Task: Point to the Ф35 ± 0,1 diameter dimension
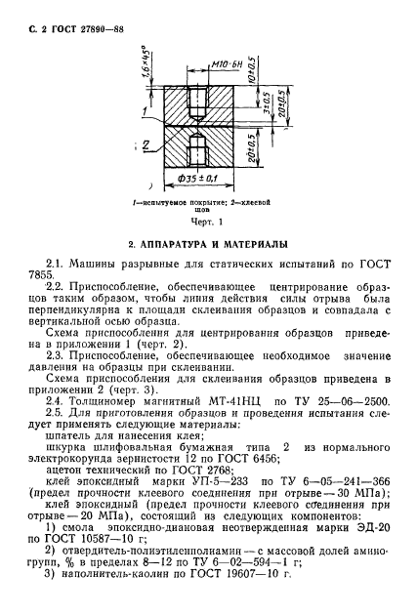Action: click(x=201, y=179)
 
